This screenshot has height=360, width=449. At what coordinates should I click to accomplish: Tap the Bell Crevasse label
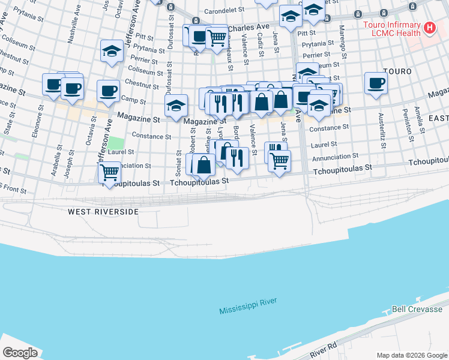click(417, 310)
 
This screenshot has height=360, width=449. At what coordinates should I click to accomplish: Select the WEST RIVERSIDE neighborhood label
click(103, 212)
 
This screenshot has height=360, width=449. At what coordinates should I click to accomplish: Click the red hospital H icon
click(430, 28)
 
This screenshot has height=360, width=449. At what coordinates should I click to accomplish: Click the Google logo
click(20, 352)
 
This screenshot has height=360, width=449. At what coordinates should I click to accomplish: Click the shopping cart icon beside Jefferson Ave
click(110, 172)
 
